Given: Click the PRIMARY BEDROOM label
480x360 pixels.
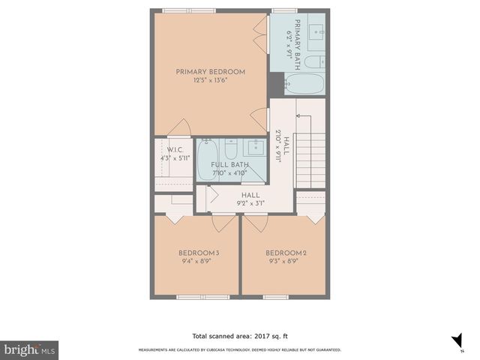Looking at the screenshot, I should (x=211, y=72).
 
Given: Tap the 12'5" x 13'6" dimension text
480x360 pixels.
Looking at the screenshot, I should (x=211, y=80).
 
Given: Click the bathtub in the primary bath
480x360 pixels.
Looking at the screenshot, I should (x=304, y=84).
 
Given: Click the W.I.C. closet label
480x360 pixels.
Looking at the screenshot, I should (x=165, y=149).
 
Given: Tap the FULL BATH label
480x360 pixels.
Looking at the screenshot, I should (x=229, y=164).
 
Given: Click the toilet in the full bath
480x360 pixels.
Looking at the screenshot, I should (x=231, y=147).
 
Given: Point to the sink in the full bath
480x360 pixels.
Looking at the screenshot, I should (x=256, y=145).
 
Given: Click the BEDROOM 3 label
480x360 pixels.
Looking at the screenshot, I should (x=199, y=253).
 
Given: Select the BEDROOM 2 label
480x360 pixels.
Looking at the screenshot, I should (x=286, y=253).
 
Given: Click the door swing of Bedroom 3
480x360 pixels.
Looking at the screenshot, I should (x=223, y=222).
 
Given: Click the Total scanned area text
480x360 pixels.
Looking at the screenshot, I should (x=240, y=336).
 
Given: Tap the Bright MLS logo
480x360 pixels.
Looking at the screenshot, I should (x=29, y=350).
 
